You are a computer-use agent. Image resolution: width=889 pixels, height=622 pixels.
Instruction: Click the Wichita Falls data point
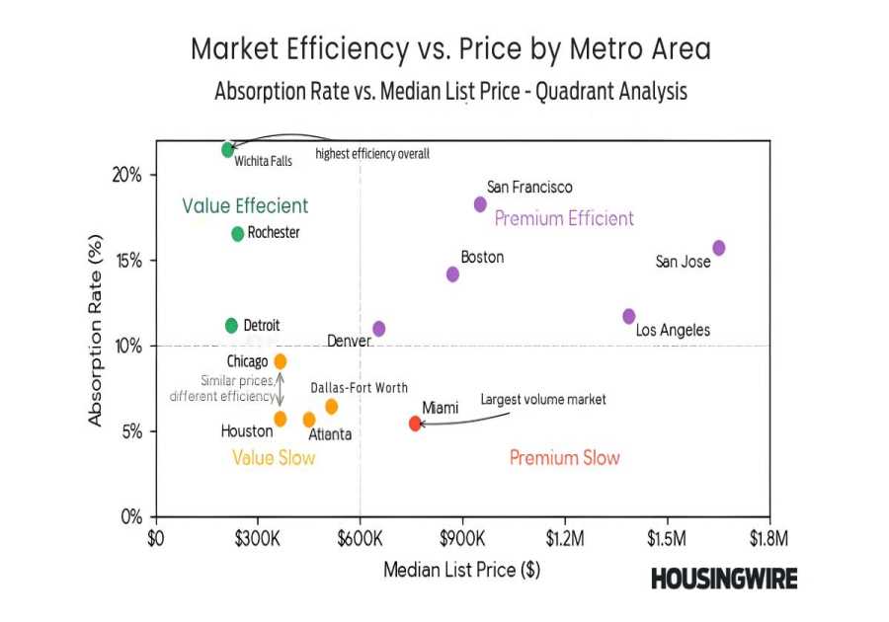pyautogui.click(x=228, y=150)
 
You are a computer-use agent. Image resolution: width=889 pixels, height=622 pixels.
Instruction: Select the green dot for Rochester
pyautogui.click(x=238, y=234)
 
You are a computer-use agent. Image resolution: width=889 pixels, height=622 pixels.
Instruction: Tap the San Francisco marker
pyautogui.click(x=480, y=204)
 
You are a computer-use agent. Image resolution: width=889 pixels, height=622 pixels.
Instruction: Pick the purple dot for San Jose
pyautogui.click(x=719, y=248)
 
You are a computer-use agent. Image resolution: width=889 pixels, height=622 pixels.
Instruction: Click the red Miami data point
pyautogui.click(x=415, y=424)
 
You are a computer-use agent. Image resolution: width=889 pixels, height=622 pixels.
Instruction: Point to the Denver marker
pyautogui.click(x=379, y=329)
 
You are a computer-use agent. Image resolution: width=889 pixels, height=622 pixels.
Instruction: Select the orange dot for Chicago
pyautogui.click(x=281, y=361)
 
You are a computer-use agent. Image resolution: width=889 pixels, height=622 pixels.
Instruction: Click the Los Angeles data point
pyautogui.click(x=629, y=316)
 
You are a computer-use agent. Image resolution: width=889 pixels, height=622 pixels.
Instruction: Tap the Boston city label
pyautogui.click(x=482, y=258)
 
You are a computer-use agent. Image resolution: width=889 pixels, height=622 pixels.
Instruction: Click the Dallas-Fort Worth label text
pyautogui.click(x=359, y=388)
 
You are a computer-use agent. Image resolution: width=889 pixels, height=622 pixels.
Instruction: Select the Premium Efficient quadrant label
pyautogui.click(x=564, y=219)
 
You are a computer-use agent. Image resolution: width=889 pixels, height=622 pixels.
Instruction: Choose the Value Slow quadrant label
pyautogui.click(x=274, y=458)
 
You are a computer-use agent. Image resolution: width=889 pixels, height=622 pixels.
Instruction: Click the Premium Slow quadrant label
pyautogui.click(x=564, y=458)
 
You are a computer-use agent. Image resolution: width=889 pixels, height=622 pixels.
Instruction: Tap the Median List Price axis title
pyautogui.click(x=461, y=570)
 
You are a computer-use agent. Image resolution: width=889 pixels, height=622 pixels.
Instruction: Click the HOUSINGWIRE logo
pyautogui.click(x=723, y=580)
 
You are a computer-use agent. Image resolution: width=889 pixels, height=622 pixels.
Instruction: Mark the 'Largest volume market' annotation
pyautogui.click(x=542, y=400)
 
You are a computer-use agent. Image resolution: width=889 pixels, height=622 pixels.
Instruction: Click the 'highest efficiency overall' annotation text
pyautogui.click(x=371, y=154)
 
